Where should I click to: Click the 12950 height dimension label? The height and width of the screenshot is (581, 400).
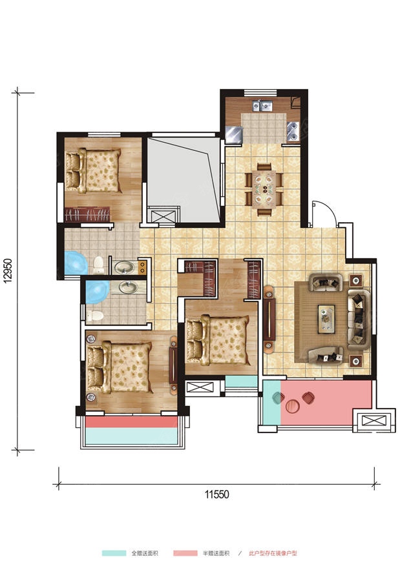coord(8,270)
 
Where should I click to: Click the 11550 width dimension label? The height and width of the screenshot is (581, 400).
coord(217,494)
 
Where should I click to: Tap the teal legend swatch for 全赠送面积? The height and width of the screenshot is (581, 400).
coord(114,553)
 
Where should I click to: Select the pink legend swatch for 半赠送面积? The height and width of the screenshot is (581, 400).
coord(185,553)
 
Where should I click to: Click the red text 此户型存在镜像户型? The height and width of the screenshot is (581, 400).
coord(273,553)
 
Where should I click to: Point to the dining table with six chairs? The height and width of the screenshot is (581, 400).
coord(264,189)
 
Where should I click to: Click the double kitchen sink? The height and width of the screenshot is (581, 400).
coord(262,106)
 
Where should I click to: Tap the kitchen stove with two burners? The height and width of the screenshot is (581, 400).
coord(293,131)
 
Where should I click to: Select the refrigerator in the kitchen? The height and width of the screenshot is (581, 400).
coord(234,134)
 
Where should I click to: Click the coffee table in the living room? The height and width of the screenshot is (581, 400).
coord(326,319)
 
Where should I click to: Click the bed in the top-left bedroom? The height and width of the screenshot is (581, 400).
coord(94,170)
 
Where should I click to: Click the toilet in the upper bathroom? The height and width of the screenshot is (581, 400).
coord(99,265)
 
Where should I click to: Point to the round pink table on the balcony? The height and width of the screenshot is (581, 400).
coord(293,405)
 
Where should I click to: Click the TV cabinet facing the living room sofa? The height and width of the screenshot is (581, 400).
coord(269,319)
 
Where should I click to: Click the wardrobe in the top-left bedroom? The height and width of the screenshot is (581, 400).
coord(88,214)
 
